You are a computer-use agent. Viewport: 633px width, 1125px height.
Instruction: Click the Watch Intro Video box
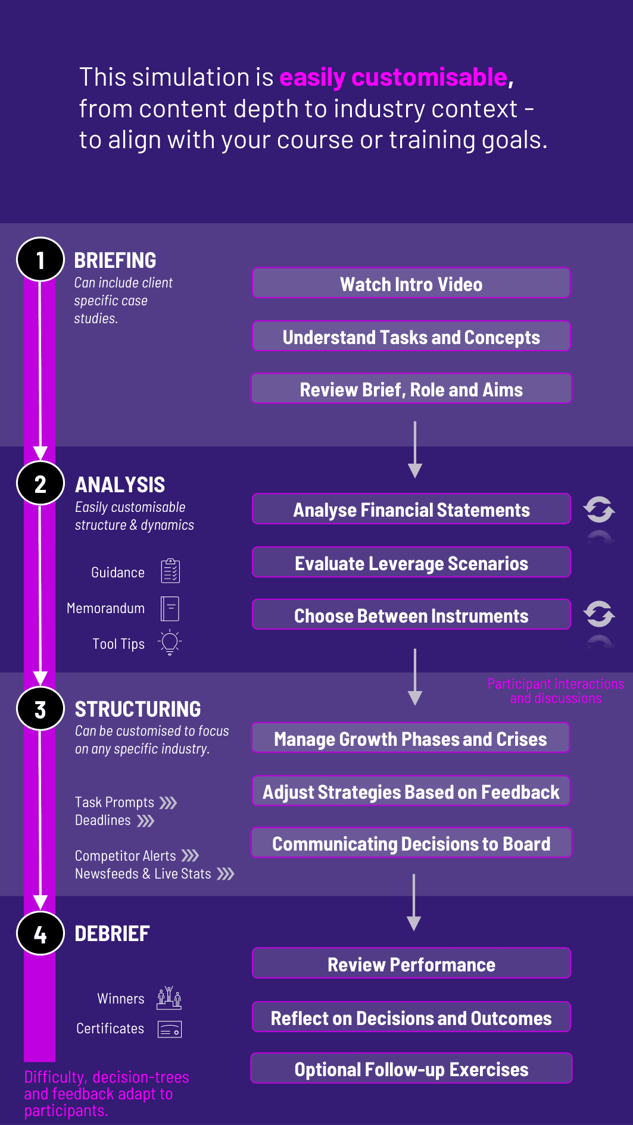[411, 283]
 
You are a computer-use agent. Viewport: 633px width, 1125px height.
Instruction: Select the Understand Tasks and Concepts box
[411, 336]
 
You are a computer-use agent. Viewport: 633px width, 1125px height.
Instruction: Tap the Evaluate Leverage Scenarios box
[411, 562]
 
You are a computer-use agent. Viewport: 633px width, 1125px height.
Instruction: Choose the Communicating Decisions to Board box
[411, 843]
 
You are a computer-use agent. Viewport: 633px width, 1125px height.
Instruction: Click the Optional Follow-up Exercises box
[411, 1068]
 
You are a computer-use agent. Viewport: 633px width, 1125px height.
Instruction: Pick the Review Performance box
[411, 964]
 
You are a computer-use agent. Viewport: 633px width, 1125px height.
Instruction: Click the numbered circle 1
[40, 260]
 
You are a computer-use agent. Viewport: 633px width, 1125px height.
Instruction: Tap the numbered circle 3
[40, 709]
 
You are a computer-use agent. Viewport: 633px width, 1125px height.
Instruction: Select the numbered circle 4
[40, 933]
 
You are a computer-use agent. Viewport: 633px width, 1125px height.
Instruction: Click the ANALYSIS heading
[120, 485]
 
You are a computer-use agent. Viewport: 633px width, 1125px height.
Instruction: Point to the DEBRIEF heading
[112, 933]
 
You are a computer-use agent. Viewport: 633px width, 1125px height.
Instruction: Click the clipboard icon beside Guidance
[170, 571]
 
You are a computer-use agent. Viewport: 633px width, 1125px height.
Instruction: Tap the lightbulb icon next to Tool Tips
[170, 642]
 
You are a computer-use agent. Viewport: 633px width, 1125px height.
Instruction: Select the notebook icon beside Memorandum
[170, 608]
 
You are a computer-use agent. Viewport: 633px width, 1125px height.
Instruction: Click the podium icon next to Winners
[169, 998]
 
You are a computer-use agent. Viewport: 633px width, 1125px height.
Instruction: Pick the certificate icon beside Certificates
[170, 1029]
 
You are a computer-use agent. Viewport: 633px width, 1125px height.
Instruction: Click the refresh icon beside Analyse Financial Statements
[599, 510]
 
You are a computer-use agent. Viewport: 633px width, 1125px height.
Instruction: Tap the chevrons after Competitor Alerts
[190, 855]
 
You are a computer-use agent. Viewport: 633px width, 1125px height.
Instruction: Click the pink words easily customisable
[394, 77]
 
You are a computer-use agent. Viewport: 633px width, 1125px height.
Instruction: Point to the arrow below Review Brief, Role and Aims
[415, 449]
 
